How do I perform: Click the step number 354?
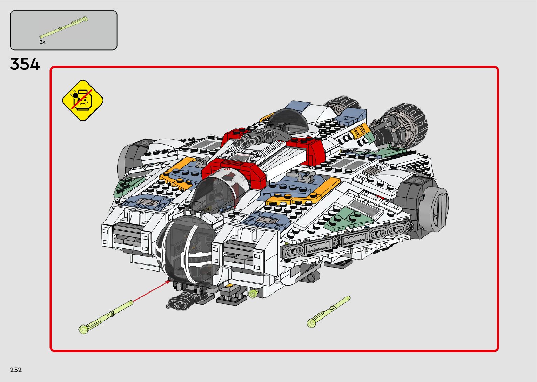tap(25, 65)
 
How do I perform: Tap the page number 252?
tap(16, 370)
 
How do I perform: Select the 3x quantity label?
tap(42, 42)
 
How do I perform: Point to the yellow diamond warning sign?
tap(83, 100)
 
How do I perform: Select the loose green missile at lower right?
tap(328, 311)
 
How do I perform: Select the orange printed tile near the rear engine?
tap(359, 132)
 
